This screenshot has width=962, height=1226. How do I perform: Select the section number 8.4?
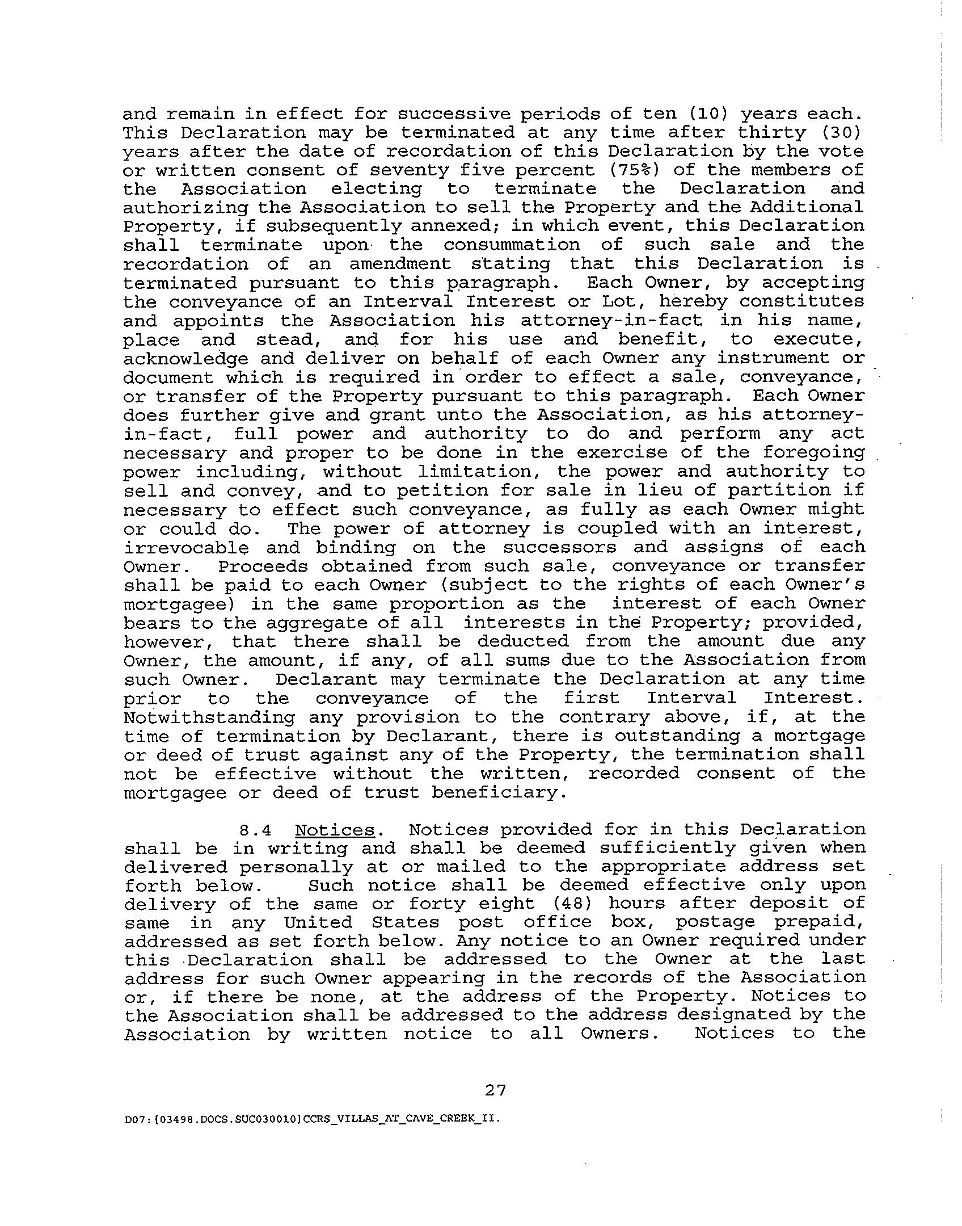(x=255, y=830)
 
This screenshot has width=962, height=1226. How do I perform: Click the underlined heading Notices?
(x=335, y=830)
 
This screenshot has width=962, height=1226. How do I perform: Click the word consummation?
(x=512, y=245)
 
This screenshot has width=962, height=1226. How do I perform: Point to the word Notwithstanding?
(x=209, y=717)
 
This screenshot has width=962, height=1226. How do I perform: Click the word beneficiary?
(x=499, y=792)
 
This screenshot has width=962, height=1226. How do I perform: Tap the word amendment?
(x=400, y=264)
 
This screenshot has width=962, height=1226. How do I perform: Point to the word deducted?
(x=522, y=641)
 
